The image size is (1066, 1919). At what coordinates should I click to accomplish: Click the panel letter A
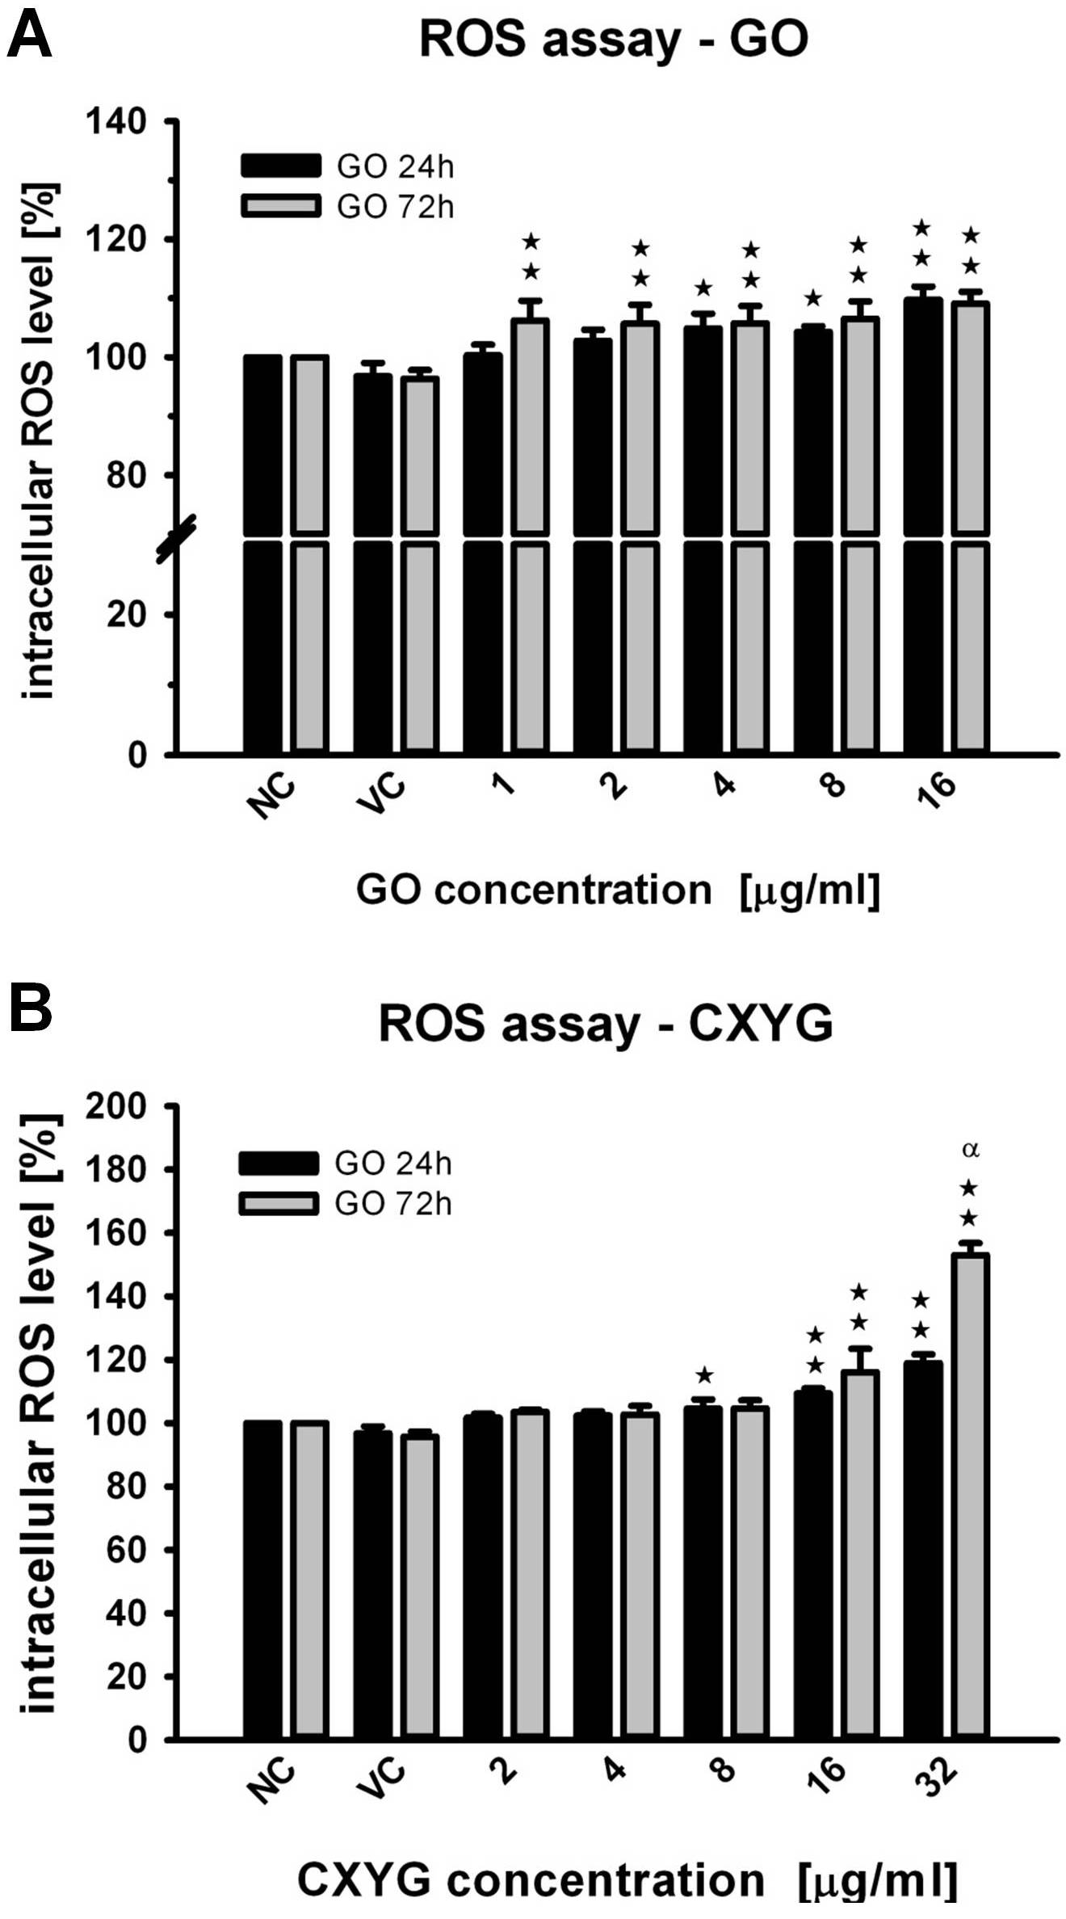29,36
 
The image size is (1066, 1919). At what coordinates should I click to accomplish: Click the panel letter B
31,1009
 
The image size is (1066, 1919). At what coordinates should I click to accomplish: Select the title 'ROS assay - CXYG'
606,1025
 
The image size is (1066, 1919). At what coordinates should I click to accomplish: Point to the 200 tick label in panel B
117,1106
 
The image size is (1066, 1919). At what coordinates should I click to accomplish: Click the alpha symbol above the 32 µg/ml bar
971,1150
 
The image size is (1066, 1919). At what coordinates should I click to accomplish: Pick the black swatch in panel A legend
281,165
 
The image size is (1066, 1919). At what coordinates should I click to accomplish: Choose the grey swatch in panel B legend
279,1203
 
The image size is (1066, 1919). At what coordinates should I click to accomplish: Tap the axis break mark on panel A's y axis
177,539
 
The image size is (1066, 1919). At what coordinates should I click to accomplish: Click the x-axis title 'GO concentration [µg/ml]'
618,890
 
